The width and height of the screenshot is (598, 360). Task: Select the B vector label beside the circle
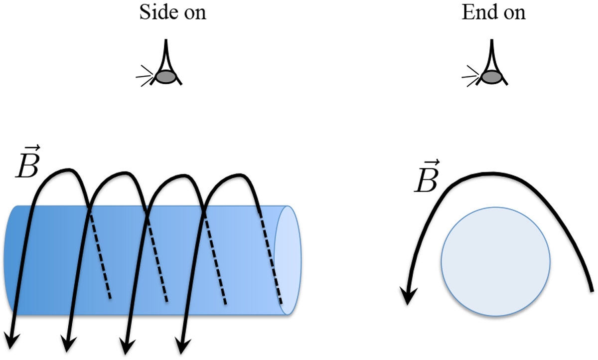click(427, 180)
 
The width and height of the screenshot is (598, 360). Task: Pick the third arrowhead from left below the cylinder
click(127, 343)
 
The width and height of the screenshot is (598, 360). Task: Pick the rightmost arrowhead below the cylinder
click(183, 343)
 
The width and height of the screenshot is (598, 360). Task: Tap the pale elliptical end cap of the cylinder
click(288, 260)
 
